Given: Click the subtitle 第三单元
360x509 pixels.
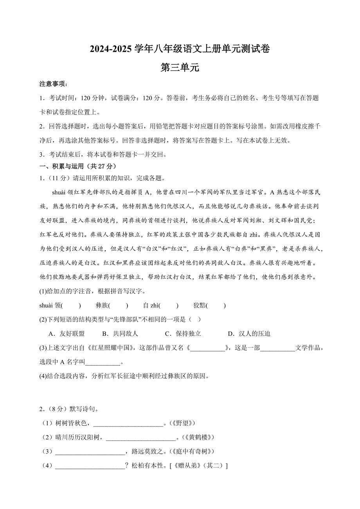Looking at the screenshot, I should [180, 68].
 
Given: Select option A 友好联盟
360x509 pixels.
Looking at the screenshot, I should [67, 333].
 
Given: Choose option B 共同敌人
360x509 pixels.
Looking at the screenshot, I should [120, 333].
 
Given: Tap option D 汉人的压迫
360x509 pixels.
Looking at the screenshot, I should [249, 333].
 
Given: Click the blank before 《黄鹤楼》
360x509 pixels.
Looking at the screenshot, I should [141, 437].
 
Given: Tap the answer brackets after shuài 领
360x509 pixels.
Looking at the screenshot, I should [74, 306].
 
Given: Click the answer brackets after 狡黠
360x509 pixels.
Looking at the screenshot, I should [216, 306].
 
